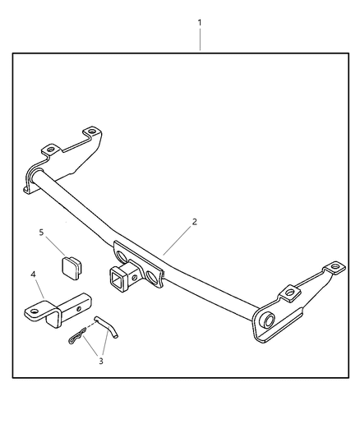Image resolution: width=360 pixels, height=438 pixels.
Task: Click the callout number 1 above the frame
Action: [200, 23]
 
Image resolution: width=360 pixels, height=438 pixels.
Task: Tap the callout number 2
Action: [194, 222]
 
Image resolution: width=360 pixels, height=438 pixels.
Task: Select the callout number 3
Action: [101, 361]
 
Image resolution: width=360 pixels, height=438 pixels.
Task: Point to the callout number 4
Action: [33, 274]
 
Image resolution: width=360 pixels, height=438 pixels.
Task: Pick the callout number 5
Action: [41, 233]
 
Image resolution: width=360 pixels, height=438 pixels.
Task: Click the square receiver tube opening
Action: [116, 279]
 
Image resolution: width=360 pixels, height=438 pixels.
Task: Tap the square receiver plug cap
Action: [72, 268]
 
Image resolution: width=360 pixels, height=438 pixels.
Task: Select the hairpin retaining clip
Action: [77, 336]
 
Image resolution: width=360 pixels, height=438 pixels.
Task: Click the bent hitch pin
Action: [107, 327]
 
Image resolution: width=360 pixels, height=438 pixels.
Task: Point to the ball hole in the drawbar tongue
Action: [34, 311]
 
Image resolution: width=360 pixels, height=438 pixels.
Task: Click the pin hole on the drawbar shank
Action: [79, 309]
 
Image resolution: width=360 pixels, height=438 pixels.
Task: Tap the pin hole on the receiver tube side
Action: [134, 278]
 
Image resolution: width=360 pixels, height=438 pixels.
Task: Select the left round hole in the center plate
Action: [122, 256]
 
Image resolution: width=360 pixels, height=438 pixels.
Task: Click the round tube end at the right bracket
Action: [269, 320]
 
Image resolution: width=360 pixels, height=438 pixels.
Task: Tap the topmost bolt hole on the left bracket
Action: [91, 131]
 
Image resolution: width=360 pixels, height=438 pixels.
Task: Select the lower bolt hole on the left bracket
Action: [51, 149]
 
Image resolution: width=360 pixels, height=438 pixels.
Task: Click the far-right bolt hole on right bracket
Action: [335, 266]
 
